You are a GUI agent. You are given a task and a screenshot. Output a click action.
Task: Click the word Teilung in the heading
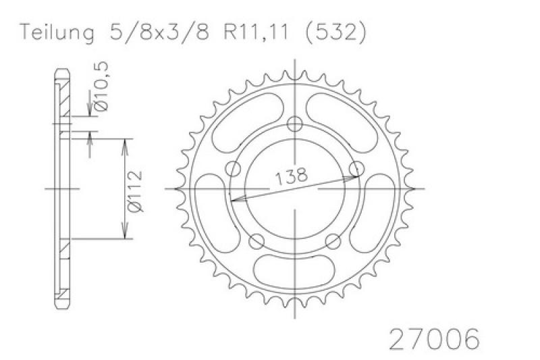[x=57, y=33]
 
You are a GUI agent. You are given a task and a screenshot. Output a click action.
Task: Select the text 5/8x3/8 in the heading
[x=159, y=32]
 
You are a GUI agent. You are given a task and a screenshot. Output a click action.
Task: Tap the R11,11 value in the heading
[x=256, y=32]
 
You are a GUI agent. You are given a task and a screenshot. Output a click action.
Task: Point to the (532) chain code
[x=335, y=33]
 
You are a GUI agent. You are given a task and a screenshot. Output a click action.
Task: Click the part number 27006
[x=434, y=339]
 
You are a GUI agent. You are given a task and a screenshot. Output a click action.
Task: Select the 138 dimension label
[x=291, y=176]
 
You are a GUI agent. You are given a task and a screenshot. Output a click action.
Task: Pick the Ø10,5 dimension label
[x=101, y=86]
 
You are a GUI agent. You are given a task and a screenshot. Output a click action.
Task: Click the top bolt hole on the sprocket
[x=294, y=124]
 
